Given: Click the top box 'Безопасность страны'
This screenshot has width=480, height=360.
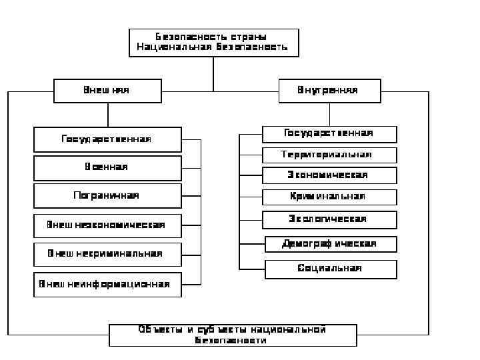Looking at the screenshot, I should coord(213,42).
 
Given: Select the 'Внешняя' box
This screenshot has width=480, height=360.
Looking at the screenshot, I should coord(107,91).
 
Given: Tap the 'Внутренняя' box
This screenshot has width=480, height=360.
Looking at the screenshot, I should coord(329,91).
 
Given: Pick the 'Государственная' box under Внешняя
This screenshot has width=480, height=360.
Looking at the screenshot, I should coord(107,139).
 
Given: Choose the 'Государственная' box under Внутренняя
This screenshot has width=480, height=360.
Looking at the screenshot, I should coord(329,134).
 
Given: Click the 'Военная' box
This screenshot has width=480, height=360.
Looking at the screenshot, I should coord(107,167).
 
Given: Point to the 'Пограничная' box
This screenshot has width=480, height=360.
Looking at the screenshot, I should coord(107,196).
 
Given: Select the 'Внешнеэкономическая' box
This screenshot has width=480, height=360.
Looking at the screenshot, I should coord(107,225).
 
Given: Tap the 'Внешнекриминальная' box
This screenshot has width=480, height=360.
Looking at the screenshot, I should coord(107,254).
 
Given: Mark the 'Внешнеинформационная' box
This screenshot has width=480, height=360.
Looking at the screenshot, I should coord(107,284).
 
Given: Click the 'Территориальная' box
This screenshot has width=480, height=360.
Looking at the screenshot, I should coord(329,155).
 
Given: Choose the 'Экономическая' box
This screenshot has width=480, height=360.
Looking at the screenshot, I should coord(329,175).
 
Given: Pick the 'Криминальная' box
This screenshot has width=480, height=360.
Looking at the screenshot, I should coord(329,197).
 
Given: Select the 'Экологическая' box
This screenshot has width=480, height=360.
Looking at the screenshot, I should coord(329,219).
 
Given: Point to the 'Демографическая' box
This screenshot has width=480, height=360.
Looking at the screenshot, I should coord(331,244).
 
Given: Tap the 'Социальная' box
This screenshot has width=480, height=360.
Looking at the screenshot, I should coord(331,269).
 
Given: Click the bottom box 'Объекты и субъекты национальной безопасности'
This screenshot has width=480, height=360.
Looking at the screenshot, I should coord(233,335).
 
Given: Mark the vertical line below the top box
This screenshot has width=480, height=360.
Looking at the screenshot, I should coord(213,73).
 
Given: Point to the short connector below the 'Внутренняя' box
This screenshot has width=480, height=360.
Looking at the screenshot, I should coord(329,114).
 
